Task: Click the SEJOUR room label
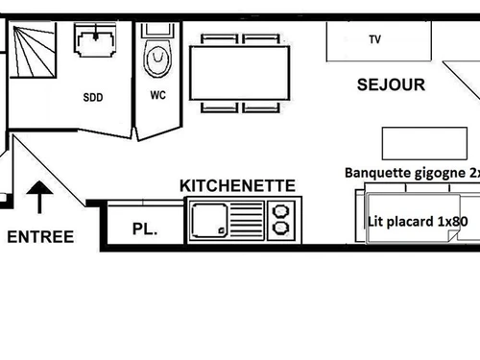pos(391,84)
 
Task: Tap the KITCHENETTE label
pos(237,184)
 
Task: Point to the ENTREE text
pos(40,236)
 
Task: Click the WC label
pos(157,95)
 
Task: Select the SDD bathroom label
pos(93,96)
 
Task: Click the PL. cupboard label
pos(143,229)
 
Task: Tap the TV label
pos(374,40)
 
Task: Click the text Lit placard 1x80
pos(419,221)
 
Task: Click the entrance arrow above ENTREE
pos(39,198)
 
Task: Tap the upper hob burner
pos(282,210)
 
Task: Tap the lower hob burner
pos(282,228)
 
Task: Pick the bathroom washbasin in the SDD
pos(96,43)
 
